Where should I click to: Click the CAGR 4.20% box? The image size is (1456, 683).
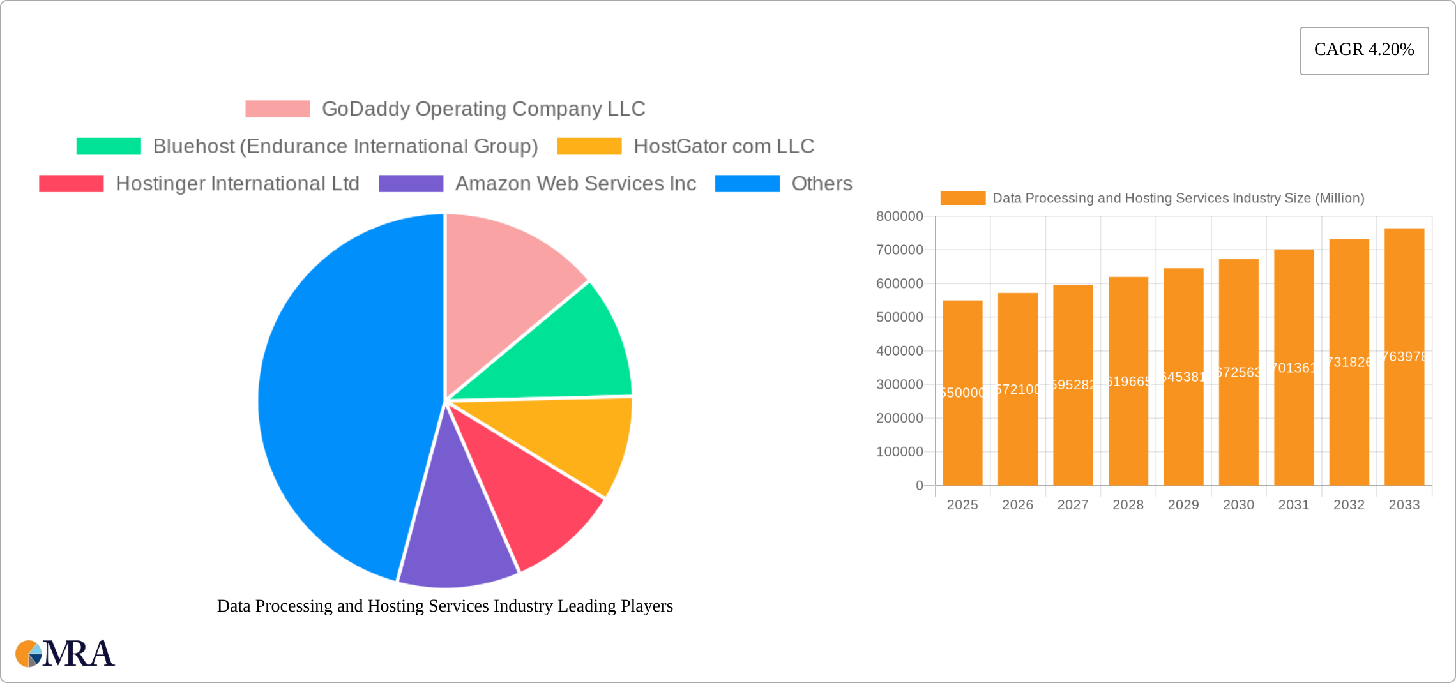(x=1364, y=50)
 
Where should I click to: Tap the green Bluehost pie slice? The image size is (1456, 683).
(x=562, y=357)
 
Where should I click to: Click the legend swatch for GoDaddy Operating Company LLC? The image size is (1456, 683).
(x=277, y=109)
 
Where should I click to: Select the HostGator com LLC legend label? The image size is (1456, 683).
(x=724, y=146)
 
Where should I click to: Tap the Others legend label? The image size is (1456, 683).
(x=821, y=184)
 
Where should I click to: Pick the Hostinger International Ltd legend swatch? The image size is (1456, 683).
(x=71, y=184)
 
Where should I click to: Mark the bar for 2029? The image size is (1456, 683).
(x=1183, y=434)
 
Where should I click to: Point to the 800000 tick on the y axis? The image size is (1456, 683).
(x=899, y=216)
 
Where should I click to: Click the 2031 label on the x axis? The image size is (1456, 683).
(x=1294, y=505)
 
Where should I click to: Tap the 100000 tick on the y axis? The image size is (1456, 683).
(x=899, y=452)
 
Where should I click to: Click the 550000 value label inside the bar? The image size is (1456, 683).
(x=962, y=393)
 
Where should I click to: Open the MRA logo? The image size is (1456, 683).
(x=65, y=654)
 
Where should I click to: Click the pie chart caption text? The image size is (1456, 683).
(x=444, y=606)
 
